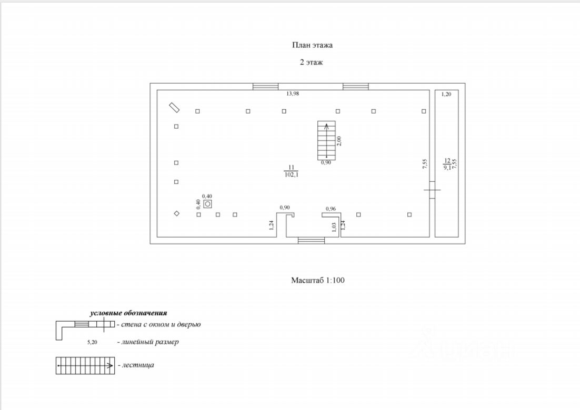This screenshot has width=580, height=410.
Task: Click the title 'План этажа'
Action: (312, 45)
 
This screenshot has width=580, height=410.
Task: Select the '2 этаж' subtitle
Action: (312, 62)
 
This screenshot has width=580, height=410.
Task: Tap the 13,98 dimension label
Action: (293, 94)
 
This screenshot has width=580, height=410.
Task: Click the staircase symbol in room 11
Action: (327, 140)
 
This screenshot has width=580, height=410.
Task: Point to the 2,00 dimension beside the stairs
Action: (339, 141)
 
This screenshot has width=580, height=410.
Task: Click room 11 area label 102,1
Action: (292, 175)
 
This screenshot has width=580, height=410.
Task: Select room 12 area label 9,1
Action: (447, 167)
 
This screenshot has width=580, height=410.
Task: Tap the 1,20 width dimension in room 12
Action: (446, 94)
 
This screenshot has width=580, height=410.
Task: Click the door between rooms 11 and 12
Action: (432, 190)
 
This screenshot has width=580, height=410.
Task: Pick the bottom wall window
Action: (312, 240)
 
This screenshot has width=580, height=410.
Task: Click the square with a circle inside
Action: (208, 204)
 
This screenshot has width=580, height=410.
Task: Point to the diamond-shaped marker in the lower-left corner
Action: (177, 213)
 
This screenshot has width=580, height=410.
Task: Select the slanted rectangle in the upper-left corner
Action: (174, 107)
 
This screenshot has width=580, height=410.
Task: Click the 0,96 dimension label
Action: (331, 209)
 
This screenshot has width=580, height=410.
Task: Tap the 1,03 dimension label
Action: (334, 227)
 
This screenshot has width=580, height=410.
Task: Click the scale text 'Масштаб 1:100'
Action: (318, 280)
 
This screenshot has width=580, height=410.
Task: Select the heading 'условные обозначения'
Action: (128, 313)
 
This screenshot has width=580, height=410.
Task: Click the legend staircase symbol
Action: (85, 366)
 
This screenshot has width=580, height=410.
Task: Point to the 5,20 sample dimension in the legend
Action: (92, 342)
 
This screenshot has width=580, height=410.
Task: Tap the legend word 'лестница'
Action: (138, 365)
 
